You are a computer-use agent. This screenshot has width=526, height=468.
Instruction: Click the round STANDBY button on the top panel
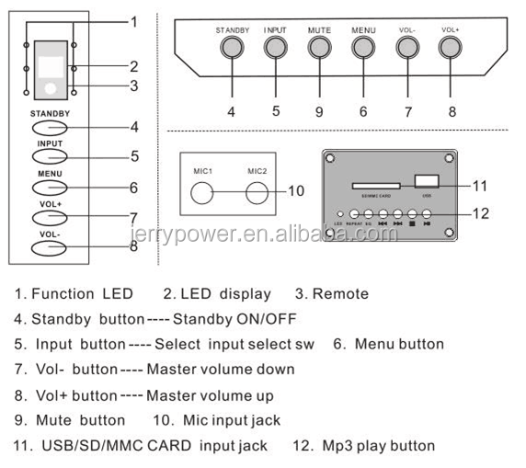[x=232, y=48]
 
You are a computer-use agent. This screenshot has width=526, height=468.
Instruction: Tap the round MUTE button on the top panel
[x=319, y=48]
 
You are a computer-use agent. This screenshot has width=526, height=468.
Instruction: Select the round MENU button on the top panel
[x=363, y=48]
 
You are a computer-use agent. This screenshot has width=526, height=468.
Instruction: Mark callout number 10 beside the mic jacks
[x=294, y=191]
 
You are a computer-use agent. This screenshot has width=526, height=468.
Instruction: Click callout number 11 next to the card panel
[x=480, y=185]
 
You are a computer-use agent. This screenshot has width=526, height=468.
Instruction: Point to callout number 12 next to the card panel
[x=480, y=213]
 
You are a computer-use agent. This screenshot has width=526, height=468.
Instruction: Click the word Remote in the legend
[x=341, y=294]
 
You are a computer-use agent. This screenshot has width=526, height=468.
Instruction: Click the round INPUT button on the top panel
[x=275, y=48]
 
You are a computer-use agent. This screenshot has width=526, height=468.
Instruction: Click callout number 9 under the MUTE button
[x=319, y=111]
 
